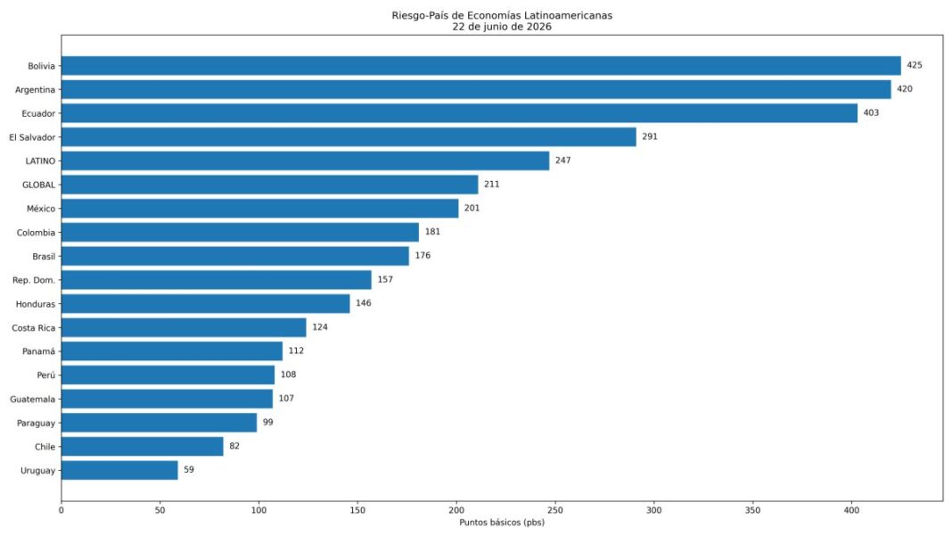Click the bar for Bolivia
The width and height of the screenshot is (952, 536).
click(480, 66)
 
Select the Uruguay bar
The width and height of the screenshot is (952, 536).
click(119, 470)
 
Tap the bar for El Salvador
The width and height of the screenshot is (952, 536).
click(349, 136)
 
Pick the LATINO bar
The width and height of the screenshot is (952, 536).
click(306, 161)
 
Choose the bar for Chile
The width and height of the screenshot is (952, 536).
click(142, 447)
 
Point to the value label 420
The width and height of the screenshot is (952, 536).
click(905, 88)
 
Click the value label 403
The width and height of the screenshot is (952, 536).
click(871, 112)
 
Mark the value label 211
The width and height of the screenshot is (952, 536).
click(492, 184)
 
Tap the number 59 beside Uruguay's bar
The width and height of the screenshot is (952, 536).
click(189, 470)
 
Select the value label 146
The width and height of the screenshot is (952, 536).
click(364, 303)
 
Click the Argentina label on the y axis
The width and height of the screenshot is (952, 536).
click(36, 90)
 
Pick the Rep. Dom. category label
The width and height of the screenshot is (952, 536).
click(34, 280)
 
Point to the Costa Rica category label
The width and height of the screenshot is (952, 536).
click(33, 327)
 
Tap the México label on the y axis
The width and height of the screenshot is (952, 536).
click(41, 209)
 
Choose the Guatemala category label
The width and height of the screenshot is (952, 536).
click(33, 400)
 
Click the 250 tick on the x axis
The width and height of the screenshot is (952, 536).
click(555, 510)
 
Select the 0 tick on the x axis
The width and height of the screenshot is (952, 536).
click(62, 510)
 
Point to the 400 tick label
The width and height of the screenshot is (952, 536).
click(852, 510)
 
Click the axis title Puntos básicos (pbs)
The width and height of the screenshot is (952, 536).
click(502, 523)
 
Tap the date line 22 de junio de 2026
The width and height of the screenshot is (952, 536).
click(502, 27)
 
